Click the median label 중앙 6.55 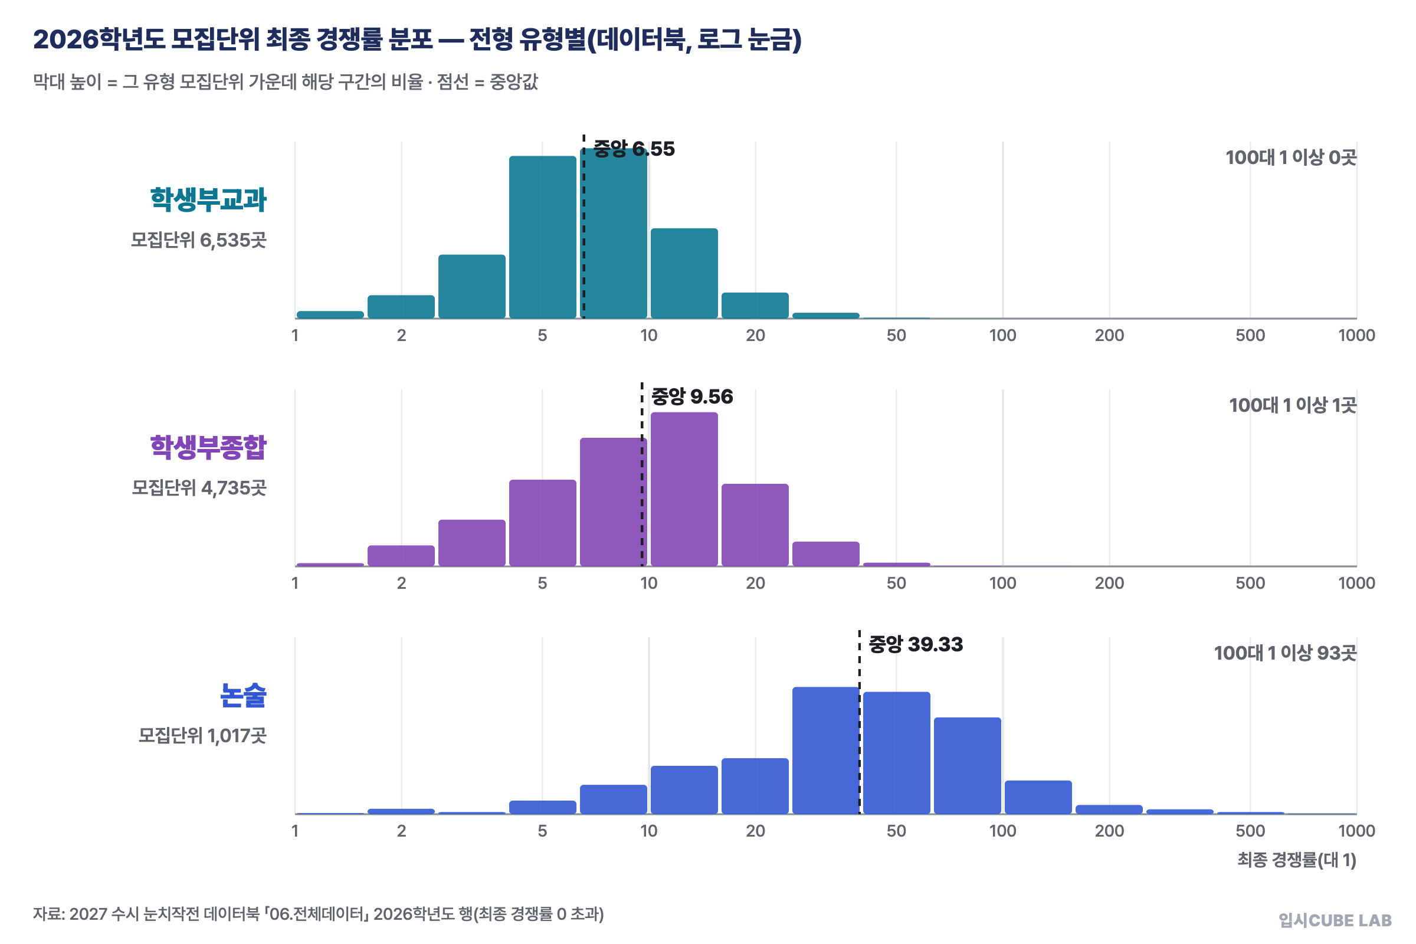(x=634, y=149)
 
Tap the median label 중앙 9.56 (x=692, y=396)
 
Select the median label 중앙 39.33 (x=916, y=645)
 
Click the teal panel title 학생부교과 (x=208, y=199)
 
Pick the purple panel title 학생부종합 (x=208, y=447)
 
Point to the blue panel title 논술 (x=243, y=696)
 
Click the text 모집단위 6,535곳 (x=199, y=240)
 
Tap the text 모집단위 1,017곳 (x=202, y=736)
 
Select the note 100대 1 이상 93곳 (x=1285, y=653)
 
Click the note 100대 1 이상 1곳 (x=1293, y=405)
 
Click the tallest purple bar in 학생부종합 (x=684, y=490)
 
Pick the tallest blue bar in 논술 (x=825, y=750)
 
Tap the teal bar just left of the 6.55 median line (x=542, y=237)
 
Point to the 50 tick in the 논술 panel (x=896, y=831)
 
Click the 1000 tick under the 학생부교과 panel (x=1356, y=336)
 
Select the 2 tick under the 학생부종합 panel (x=402, y=584)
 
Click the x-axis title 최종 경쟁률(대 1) (x=1297, y=860)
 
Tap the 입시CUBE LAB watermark (x=1335, y=920)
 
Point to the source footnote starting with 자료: (x=319, y=914)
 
